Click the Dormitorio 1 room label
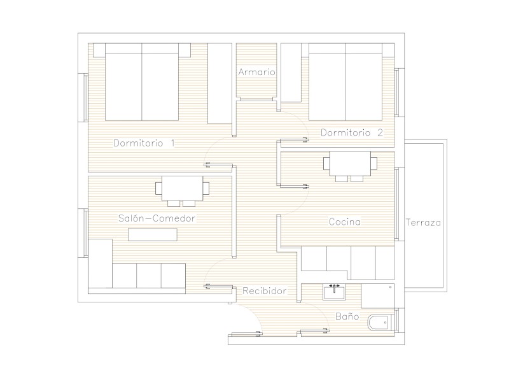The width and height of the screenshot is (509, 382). pyautogui.click(x=144, y=143)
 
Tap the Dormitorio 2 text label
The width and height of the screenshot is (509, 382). pyautogui.click(x=352, y=132)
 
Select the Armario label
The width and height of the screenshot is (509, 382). pyautogui.click(x=256, y=72)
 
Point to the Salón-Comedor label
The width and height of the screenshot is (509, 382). pyautogui.click(x=157, y=218)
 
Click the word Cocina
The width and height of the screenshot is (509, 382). pyautogui.click(x=344, y=222)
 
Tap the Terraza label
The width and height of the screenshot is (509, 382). pyautogui.click(x=423, y=223)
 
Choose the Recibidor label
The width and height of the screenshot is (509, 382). pyautogui.click(x=265, y=291)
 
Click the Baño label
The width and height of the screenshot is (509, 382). pyautogui.click(x=347, y=316)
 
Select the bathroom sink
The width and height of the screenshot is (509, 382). pyautogui.click(x=334, y=292)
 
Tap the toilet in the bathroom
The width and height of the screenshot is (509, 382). pyautogui.click(x=380, y=323)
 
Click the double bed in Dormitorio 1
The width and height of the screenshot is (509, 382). pyautogui.click(x=142, y=82)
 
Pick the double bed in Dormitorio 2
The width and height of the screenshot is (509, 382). pyautogui.click(x=345, y=82)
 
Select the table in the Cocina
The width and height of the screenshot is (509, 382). pyautogui.click(x=351, y=166)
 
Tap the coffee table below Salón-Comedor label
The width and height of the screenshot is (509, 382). pyautogui.click(x=153, y=234)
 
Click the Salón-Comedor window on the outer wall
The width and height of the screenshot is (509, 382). pyautogui.click(x=86, y=233)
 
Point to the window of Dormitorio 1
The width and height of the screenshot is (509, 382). pyautogui.click(x=86, y=98)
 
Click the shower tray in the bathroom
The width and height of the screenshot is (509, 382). pyautogui.click(x=378, y=296)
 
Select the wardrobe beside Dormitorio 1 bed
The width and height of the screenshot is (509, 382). pyautogui.click(x=220, y=83)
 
